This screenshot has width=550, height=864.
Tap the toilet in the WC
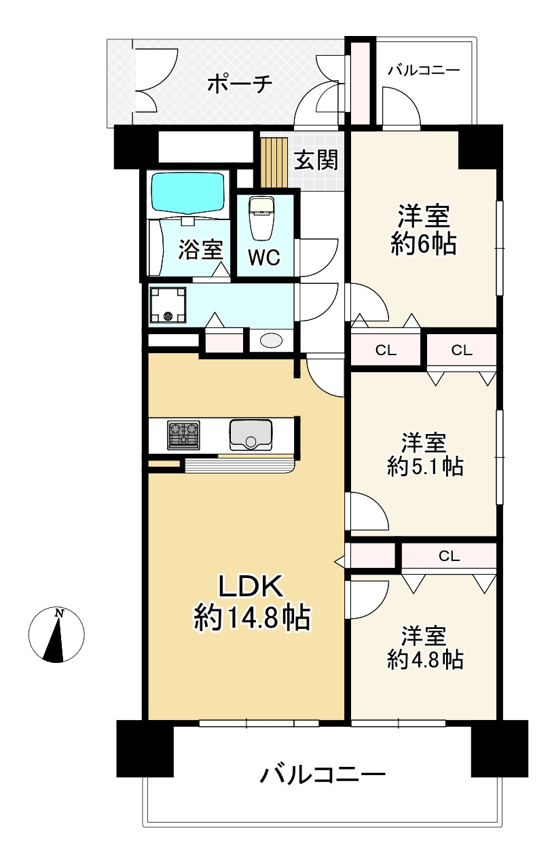click(262, 218)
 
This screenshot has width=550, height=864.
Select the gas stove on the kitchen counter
click(183, 435)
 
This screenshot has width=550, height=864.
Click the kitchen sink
click(251, 435)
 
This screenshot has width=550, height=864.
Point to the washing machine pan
click(168, 305)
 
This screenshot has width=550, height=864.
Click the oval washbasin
click(271, 340)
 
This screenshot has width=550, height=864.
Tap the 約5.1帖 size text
click(425, 467)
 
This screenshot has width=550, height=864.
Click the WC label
click(264, 257)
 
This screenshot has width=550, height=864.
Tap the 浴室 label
click(200, 249)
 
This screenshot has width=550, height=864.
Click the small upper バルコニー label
click(424, 71)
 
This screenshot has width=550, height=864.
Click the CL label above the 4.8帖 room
click(450, 556)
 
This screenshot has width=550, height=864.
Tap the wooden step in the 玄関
click(274, 162)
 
